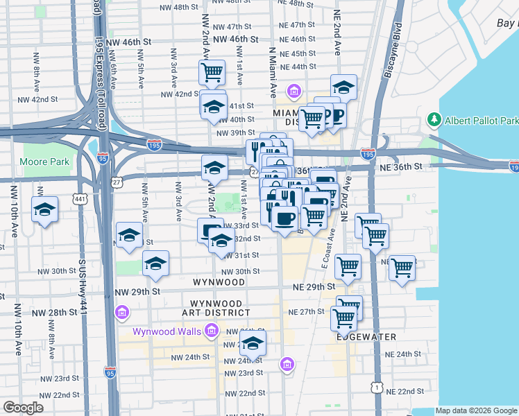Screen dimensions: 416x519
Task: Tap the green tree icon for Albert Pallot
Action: pos(435,119)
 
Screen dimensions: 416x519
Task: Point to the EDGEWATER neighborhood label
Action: pos(366,337)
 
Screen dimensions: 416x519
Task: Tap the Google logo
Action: pos(23,408)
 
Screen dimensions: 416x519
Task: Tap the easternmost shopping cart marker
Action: pos(402,267)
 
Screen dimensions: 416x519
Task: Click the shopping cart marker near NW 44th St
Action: pos(212,71)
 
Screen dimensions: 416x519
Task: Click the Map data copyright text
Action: pos(477,410)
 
